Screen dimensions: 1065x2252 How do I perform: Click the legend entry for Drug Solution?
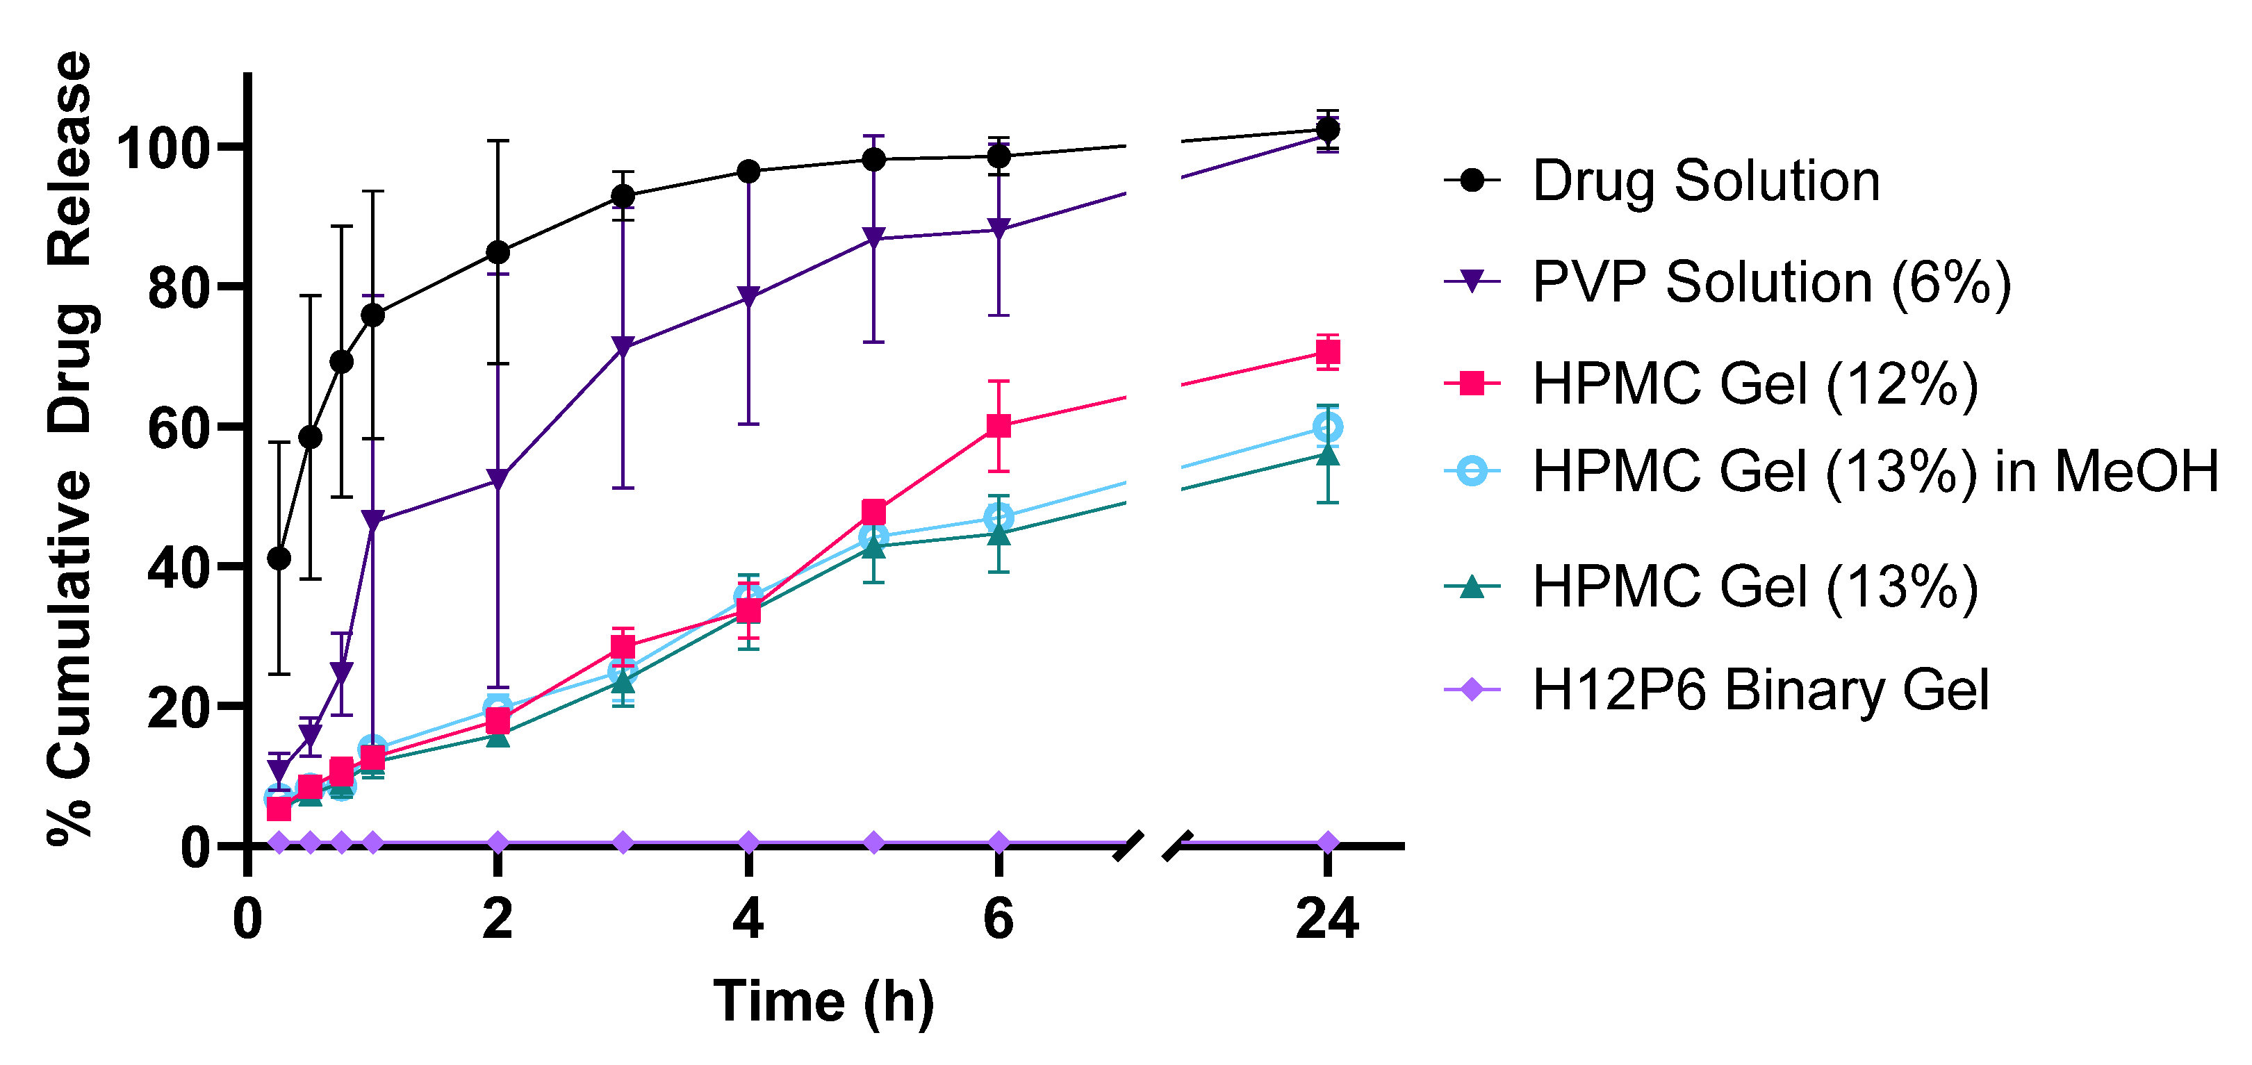[x=1704, y=181]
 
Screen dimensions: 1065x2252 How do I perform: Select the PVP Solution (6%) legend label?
[x=1771, y=283]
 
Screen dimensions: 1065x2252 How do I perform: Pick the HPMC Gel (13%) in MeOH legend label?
[x=1875, y=471]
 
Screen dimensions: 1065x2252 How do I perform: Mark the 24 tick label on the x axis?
[x=1327, y=919]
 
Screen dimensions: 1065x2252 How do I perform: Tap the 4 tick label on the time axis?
[x=748, y=919]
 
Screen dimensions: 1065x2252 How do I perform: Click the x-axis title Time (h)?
[x=823, y=1000]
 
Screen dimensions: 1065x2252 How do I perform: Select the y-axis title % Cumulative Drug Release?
[x=70, y=447]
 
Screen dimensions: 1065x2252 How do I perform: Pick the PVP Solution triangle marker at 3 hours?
[x=623, y=346]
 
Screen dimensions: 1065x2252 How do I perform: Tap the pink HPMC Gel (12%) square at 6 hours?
[x=998, y=426]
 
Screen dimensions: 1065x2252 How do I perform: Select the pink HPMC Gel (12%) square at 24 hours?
[x=1328, y=352]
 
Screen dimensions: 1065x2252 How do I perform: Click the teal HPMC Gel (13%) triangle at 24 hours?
[x=1328, y=454]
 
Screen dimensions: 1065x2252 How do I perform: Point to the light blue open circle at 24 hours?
[x=1328, y=427]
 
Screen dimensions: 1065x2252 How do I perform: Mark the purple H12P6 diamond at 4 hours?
[x=748, y=843]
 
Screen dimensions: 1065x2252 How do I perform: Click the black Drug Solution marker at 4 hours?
[x=748, y=172]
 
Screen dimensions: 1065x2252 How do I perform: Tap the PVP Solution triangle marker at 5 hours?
[x=873, y=238]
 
